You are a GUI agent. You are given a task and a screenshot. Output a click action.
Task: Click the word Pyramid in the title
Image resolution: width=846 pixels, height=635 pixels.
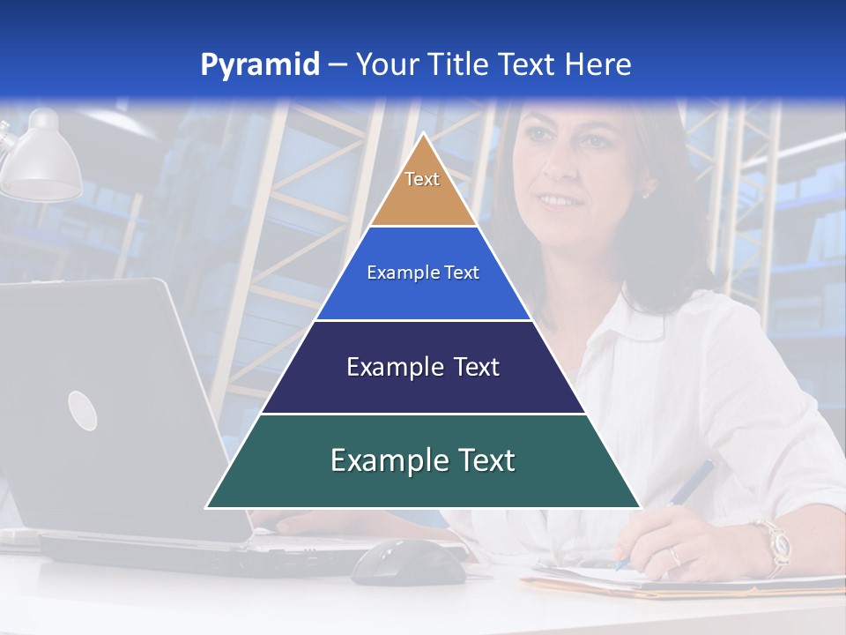tap(260, 64)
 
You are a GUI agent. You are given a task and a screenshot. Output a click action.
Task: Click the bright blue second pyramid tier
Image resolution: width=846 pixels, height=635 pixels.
tap(423, 291)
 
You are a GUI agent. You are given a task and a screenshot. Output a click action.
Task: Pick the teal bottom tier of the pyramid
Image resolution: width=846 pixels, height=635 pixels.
tap(423, 481)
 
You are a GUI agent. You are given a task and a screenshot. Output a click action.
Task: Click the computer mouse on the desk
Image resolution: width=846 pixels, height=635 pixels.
tap(408, 562)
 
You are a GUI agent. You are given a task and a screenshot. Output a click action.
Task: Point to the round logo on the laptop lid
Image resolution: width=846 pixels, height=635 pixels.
tap(82, 410)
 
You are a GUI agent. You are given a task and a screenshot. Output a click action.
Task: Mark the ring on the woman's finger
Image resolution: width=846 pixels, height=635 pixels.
tap(675, 556)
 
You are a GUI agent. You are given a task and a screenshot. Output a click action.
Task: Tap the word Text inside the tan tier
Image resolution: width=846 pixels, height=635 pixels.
tap(422, 179)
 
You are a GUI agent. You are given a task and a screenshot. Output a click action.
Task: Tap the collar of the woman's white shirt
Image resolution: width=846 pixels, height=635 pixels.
tap(617, 309)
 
